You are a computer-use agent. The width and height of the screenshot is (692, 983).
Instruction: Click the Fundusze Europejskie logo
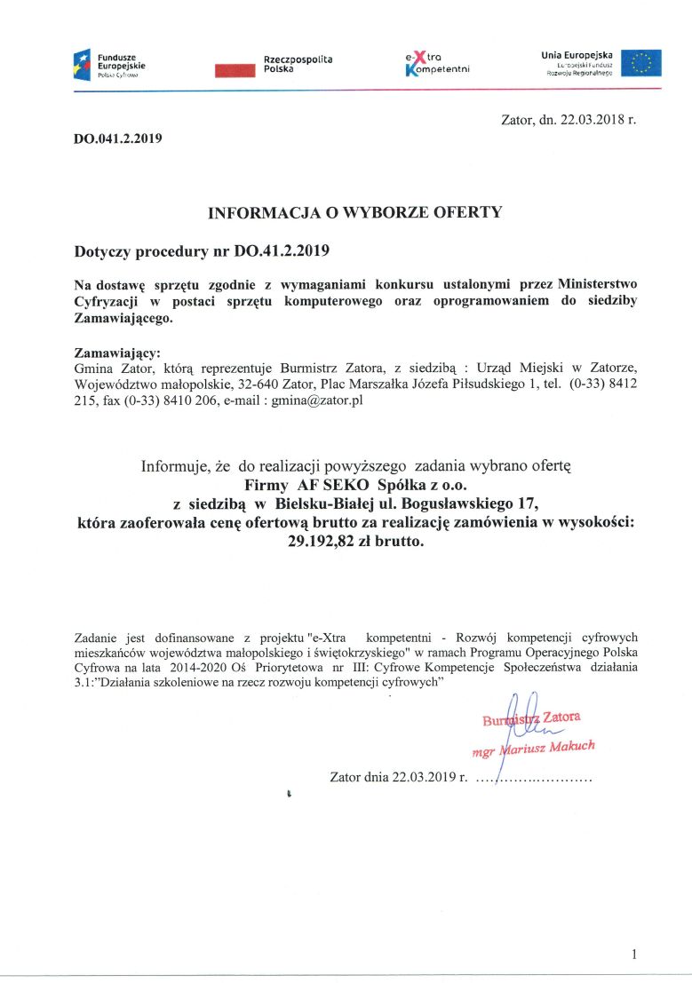[110, 64]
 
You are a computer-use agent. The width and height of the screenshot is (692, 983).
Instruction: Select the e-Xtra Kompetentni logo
[436, 63]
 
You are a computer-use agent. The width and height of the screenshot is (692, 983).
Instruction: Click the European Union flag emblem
[640, 64]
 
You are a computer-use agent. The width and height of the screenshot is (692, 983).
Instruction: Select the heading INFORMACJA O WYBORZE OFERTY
[354, 212]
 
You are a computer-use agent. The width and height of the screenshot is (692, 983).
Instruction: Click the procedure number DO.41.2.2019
[282, 250]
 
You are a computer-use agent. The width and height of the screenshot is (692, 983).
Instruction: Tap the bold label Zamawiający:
[116, 352]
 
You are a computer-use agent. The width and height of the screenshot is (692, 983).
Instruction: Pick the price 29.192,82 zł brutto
[355, 541]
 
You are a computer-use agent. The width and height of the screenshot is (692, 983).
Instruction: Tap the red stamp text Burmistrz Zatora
[531, 718]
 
